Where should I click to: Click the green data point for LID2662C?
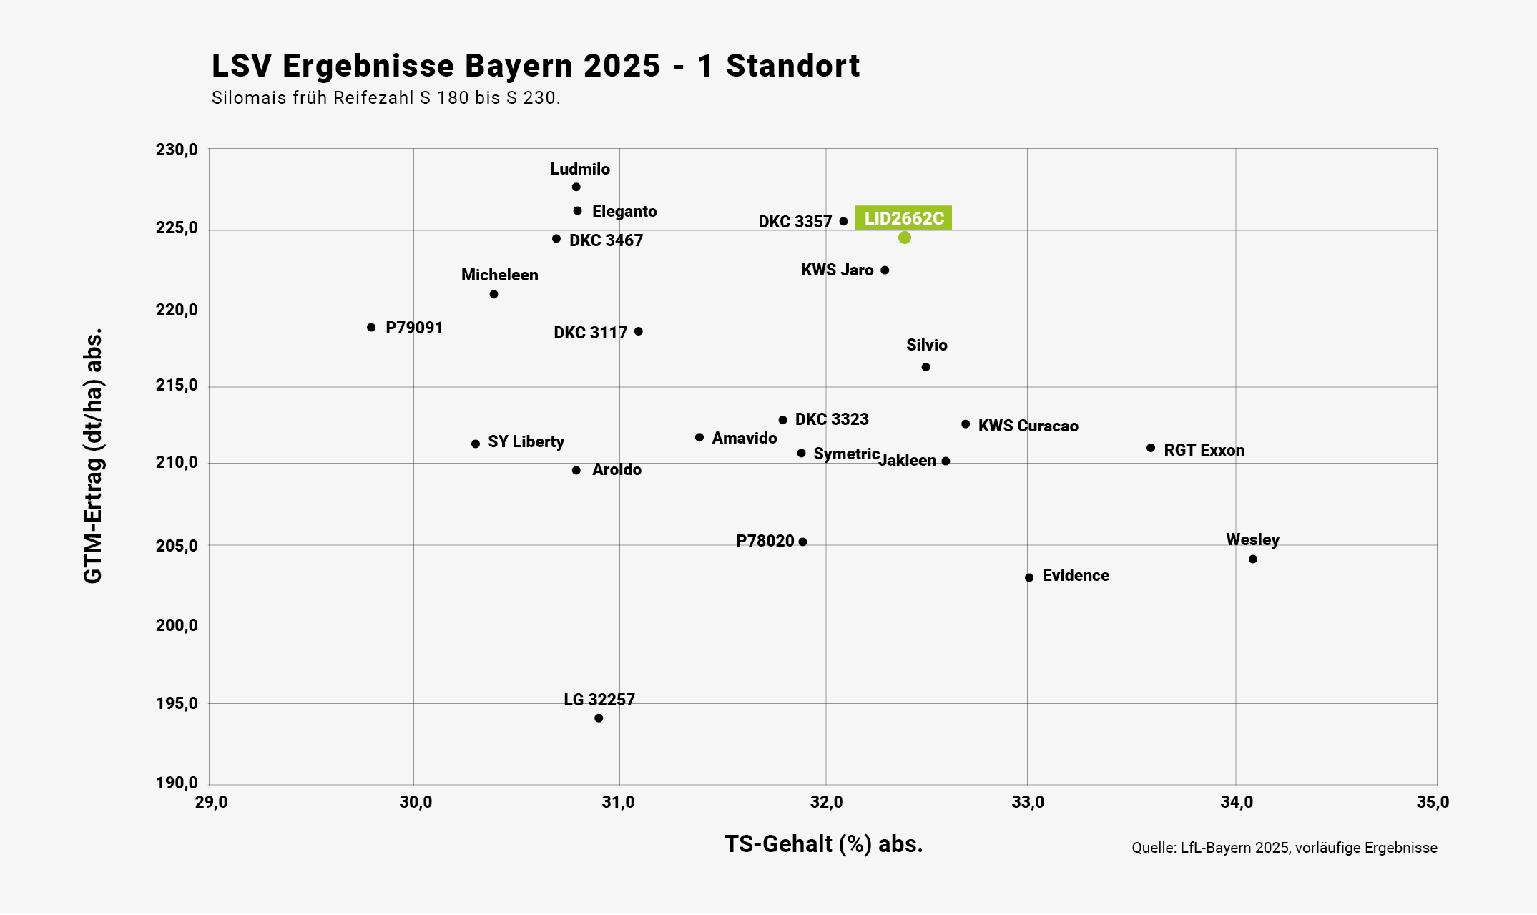[x=904, y=238]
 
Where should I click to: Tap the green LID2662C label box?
[x=903, y=218]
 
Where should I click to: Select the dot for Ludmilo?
[x=576, y=187]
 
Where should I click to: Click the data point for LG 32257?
[x=599, y=718]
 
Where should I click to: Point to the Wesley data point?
[x=1253, y=559]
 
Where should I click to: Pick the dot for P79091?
[x=371, y=328]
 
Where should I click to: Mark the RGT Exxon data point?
[x=1151, y=449]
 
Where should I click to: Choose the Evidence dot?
[x=1029, y=578]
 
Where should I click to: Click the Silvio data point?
[x=925, y=367]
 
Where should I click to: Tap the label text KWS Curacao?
[x=1028, y=426]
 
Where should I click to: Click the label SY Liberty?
[x=526, y=442]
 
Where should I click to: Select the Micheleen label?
[x=499, y=275]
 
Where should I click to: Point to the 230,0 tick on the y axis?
[x=177, y=150]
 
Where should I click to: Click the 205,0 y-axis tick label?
[x=177, y=546]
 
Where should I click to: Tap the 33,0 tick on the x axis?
[x=1028, y=803]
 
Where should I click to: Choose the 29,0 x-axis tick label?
[x=211, y=803]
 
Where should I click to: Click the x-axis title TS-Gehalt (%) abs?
[x=824, y=844]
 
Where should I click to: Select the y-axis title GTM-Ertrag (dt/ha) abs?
[x=94, y=456]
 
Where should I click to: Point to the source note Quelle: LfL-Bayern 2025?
[x=1284, y=848]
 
